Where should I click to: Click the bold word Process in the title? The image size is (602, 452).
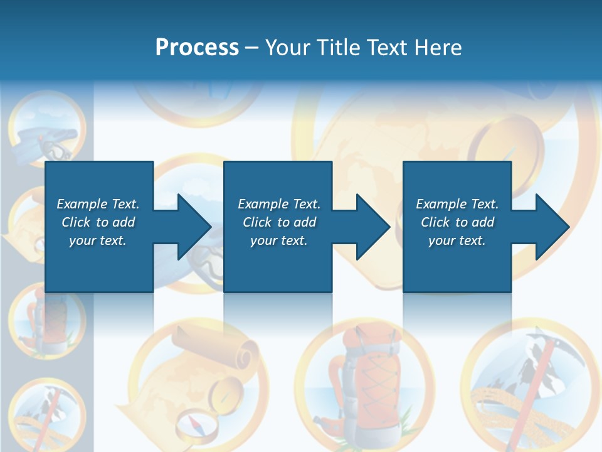197,48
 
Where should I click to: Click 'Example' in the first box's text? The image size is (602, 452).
82,204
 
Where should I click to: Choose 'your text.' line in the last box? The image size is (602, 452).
457,240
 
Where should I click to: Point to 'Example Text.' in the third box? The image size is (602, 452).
457,204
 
